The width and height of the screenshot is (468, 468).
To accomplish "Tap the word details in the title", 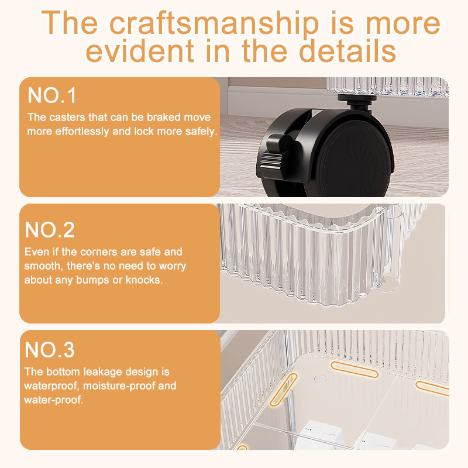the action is coord(347,51).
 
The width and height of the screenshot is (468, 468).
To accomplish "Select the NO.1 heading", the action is coord(51,95).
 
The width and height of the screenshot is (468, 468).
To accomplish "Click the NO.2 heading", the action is coord(50,230).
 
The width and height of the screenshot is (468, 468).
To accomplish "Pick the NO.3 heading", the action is coord(50,350).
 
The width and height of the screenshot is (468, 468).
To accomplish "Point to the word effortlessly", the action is coord(82,131).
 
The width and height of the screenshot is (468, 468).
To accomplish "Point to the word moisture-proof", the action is coord(119,386).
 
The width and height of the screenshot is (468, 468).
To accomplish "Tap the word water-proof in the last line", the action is coord(53,400).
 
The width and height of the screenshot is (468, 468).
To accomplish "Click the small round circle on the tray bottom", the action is coord(320,379).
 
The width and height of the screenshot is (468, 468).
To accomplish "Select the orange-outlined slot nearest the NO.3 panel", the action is coord(284,390).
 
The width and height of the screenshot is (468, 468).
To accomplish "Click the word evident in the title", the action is coord(140,51).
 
